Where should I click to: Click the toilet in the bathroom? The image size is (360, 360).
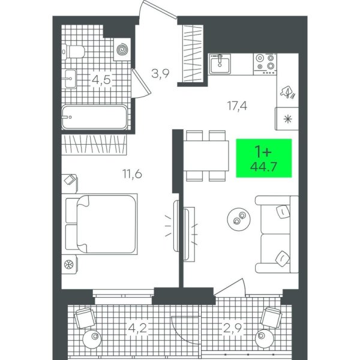coord(73,52)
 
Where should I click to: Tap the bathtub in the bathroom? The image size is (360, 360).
coord(94,118)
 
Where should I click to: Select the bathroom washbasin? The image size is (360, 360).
coord(70,79)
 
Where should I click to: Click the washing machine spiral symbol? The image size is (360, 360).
coord(122,50)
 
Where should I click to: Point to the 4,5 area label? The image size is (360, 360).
coord(101,80)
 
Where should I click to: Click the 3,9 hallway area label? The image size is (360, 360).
coord(160,73)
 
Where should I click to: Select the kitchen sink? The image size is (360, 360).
coord(220,64)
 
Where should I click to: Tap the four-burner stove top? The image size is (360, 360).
coord(265,64)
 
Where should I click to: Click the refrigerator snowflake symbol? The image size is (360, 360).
coord(287,119)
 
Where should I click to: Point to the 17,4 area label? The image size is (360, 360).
coord(237,106)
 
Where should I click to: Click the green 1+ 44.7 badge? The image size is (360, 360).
coord(264,158)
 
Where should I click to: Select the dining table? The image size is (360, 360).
coord(206,156)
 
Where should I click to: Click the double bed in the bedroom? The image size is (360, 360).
coord(100,224)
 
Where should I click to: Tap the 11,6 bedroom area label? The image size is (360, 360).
coord(132,174)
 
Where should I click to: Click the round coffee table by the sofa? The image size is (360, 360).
coord(239,218)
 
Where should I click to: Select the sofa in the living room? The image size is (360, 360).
coord(277,235)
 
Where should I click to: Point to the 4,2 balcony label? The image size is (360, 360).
coord(137,328)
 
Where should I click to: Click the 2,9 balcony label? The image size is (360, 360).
coord(233,328)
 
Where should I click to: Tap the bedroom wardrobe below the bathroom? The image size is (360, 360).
coord(94,145)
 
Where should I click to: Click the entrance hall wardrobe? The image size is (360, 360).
coord(193,53)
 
